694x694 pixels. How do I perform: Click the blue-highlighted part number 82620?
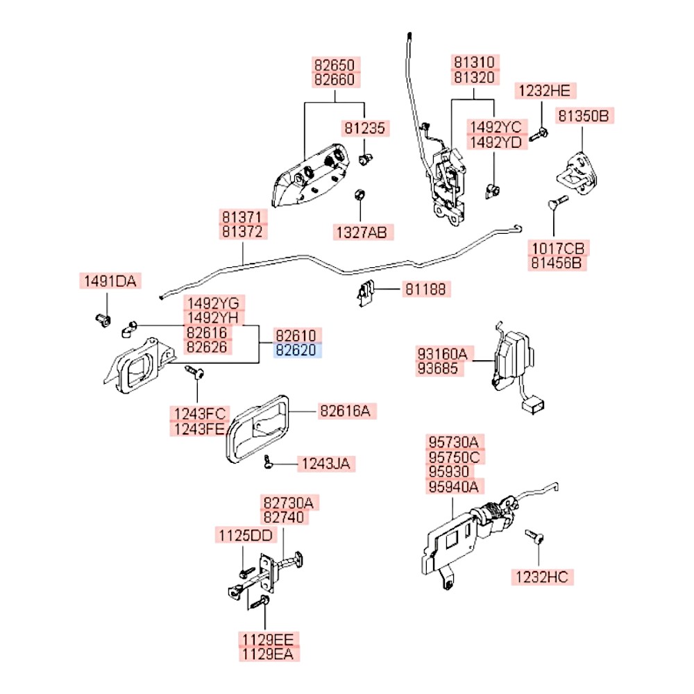coord(296,350)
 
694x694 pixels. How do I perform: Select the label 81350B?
coord(584,115)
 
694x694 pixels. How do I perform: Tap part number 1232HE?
coord(545,91)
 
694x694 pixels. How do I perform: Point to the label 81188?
coord(426,289)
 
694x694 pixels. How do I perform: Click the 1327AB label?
coord(362,232)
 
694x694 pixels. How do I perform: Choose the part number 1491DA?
coord(110,281)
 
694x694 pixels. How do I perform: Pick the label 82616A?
coord(345,411)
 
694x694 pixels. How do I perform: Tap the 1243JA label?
coord(326,464)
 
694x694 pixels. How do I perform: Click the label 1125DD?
coord(246,536)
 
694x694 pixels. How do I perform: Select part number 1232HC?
coord(542,577)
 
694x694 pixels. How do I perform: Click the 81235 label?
coord(365,128)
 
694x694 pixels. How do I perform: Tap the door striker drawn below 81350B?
coord(577,173)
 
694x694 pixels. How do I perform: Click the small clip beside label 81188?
coord(365,293)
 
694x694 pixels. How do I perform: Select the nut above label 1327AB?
coord(359,195)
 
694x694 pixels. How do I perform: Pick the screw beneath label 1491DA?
coord(103,320)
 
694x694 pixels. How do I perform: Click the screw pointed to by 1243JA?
coord(267,462)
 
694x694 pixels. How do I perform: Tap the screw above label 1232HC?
coord(534,536)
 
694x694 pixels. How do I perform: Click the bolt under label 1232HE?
coord(539,134)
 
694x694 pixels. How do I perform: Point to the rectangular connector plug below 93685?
coord(533,404)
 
